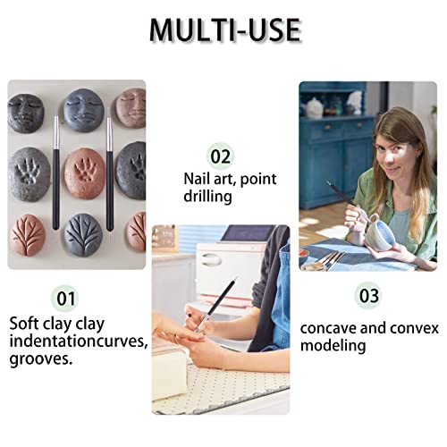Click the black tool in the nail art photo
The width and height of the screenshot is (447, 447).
point(220,300)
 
